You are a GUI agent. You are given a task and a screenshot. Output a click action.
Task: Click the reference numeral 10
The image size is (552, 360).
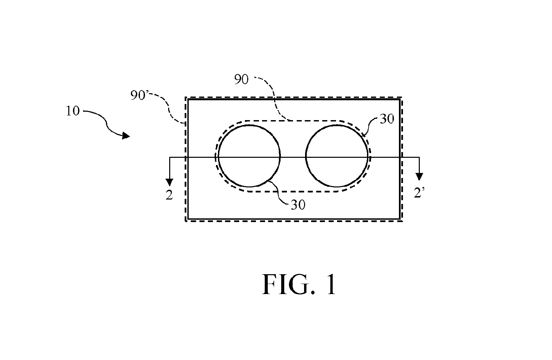(73, 111)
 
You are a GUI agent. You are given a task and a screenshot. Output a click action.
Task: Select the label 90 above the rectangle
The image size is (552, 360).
(241, 79)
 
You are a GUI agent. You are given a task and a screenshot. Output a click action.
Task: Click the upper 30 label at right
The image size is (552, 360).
(387, 119)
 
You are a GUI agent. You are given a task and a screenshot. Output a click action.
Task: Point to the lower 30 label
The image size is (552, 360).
(298, 205)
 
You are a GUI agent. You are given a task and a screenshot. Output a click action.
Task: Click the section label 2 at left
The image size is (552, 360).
(169, 195)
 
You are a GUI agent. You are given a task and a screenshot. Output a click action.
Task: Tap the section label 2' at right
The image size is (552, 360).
(419, 193)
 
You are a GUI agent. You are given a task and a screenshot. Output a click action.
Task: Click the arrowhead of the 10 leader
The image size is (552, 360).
(126, 136)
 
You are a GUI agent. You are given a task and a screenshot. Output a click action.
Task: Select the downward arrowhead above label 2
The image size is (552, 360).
(169, 182)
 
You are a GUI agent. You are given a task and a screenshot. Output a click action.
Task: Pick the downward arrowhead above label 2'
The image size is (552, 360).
(419, 177)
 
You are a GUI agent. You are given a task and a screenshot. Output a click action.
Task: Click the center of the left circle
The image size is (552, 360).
(249, 156)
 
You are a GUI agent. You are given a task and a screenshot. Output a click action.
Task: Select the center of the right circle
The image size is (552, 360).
(337, 156)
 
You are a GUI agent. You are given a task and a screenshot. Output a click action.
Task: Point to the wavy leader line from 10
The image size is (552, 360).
(106, 123)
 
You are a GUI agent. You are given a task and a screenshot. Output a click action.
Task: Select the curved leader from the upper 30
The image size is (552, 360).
(369, 126)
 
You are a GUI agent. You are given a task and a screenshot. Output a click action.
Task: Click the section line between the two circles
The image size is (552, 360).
(293, 157)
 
